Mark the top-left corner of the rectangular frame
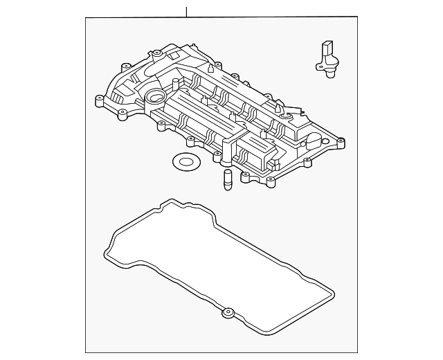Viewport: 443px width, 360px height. click(87, 19)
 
